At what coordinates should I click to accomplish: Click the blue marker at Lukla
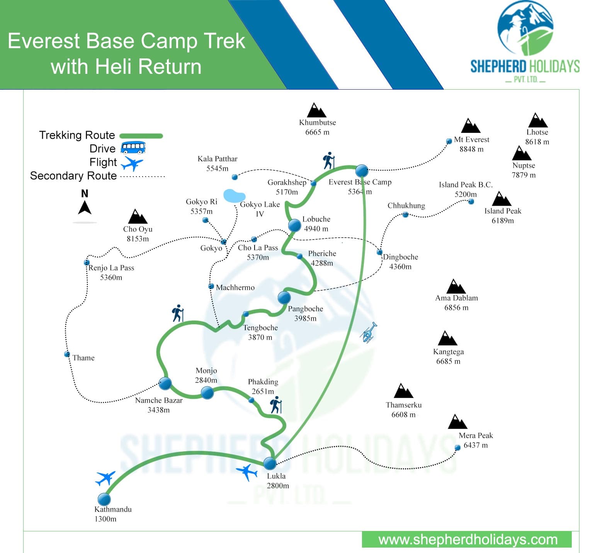pyautogui.click(x=270, y=463)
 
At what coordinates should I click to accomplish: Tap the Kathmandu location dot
pyautogui.click(x=104, y=499)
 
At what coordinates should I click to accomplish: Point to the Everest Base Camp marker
pyautogui.click(x=362, y=170)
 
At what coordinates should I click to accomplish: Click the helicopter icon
pyautogui.click(x=369, y=332)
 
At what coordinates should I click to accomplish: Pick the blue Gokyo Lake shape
pyautogui.click(x=234, y=196)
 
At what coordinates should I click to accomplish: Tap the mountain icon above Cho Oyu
pyautogui.click(x=138, y=217)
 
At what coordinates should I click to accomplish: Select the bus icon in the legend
pyautogui.click(x=133, y=148)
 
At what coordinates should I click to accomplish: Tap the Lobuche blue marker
pyautogui.click(x=294, y=225)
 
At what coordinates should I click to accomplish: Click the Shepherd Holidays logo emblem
pyautogui.click(x=525, y=29)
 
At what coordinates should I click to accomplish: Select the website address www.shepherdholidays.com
pyautogui.click(x=468, y=539)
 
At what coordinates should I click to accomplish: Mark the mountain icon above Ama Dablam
pyautogui.click(x=456, y=287)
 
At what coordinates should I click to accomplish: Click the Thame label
pyautogui.click(x=83, y=358)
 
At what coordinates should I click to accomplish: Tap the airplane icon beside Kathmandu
pyautogui.click(x=105, y=478)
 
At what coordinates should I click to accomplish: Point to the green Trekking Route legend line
pyautogui.click(x=141, y=136)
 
